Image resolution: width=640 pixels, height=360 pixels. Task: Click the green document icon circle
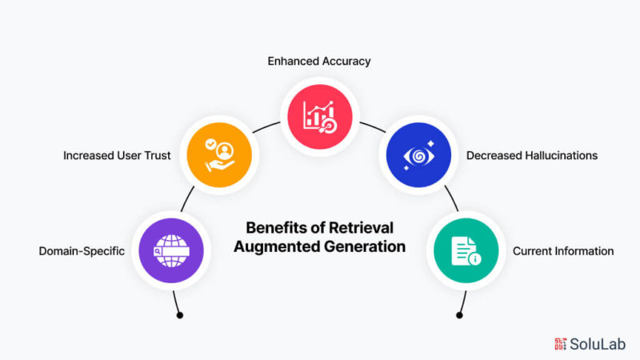point(466,250)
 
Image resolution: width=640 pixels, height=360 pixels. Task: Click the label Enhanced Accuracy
point(320,60)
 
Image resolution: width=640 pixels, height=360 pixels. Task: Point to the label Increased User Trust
point(117,155)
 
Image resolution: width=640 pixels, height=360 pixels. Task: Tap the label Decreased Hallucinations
point(532,155)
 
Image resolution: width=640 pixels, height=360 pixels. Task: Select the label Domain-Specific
point(82,251)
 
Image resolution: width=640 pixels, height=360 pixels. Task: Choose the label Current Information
point(563,251)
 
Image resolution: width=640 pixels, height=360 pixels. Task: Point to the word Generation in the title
point(365,247)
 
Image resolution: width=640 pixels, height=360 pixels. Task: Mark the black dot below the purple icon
point(179,315)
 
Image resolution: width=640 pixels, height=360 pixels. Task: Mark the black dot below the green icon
point(460,315)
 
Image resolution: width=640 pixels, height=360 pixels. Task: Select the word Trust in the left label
point(156,155)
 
